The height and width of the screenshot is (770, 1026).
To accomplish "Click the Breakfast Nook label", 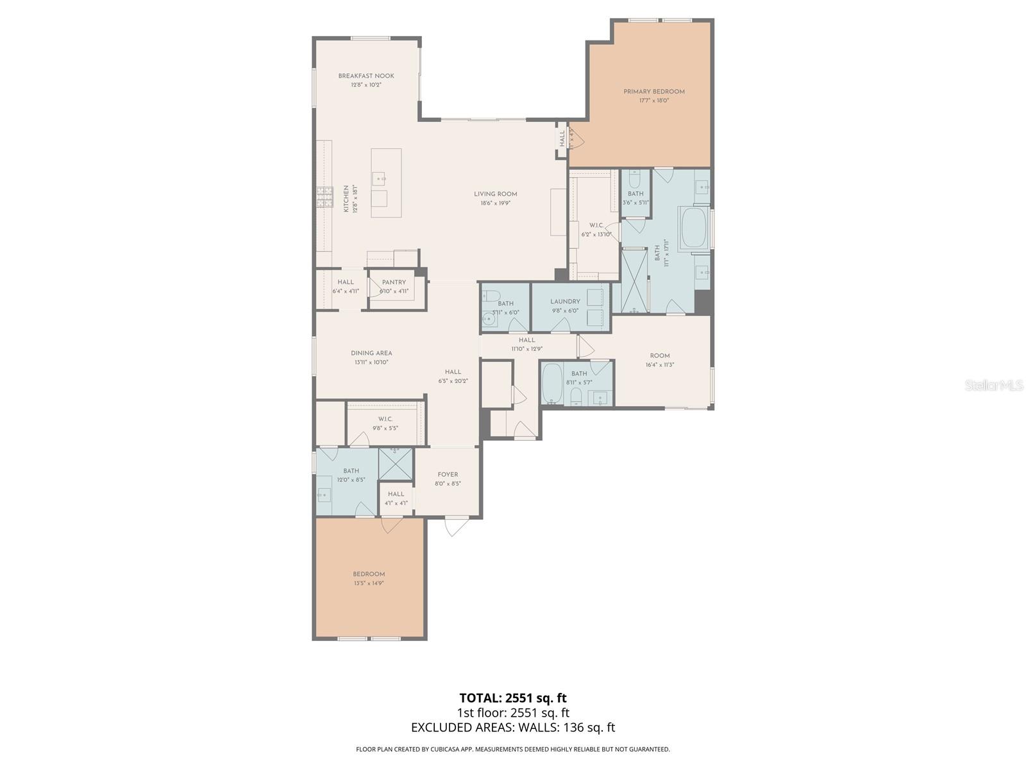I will pos(366,76).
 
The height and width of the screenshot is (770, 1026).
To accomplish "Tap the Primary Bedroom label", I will pos(654,92).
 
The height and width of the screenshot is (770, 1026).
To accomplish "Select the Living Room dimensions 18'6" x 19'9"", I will pos(496,203).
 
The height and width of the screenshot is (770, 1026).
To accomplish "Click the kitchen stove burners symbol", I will pos(324,197).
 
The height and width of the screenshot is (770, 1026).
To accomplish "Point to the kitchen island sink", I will pos(379,179).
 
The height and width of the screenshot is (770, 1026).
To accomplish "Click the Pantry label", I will pos(394,282).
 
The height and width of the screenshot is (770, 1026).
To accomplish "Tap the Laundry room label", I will pos(565,302).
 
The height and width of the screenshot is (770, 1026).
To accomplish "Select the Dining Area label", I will pos(371,353).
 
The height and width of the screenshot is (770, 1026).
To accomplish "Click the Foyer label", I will pos(448,475).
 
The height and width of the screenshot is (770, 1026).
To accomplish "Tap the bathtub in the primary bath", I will pos(693,228).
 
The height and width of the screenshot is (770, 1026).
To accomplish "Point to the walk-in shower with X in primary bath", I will pos(635,281).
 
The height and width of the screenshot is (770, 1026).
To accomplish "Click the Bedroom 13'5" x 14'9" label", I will pos(369,574).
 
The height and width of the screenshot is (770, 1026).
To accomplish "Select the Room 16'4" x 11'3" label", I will pos(660,355).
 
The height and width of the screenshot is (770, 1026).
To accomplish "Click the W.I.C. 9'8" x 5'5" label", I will pos(385,419).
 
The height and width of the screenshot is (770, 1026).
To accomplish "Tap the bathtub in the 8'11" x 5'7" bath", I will pos(552,383).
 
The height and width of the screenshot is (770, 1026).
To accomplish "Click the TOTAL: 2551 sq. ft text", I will pos(513,697).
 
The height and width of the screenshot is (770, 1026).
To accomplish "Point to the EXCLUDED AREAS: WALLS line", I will pos(513,727).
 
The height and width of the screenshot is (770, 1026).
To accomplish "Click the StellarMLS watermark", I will pos(994,385).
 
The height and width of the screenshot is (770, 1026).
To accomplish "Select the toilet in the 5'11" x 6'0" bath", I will pos(491,296).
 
